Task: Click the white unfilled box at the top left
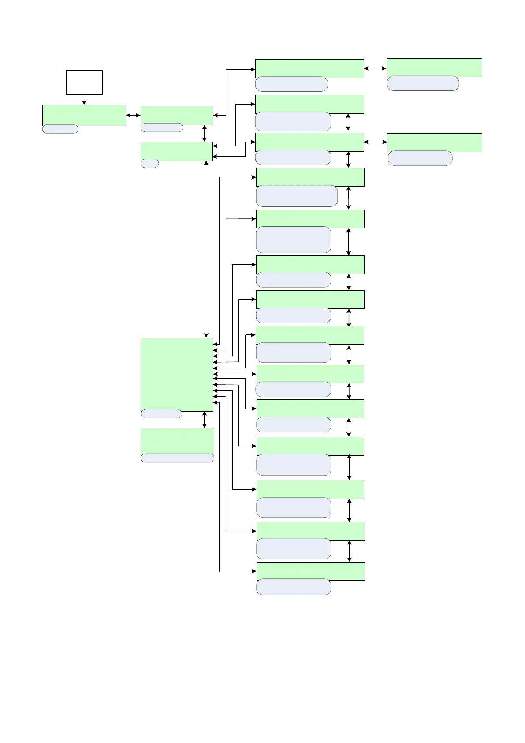pyautogui.click(x=84, y=82)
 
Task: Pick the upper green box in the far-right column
pyautogui.click(x=434, y=68)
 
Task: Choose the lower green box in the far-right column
pyautogui.click(x=434, y=143)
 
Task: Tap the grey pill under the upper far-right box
pyautogui.click(x=423, y=83)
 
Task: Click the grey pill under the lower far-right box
pyautogui.click(x=420, y=158)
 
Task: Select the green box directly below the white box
pyautogui.click(x=84, y=115)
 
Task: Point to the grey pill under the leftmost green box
pyautogui.click(x=60, y=129)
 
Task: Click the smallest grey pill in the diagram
pyautogui.click(x=149, y=163)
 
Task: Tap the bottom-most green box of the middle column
pyautogui.click(x=310, y=571)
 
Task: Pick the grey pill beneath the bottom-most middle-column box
pyautogui.click(x=294, y=587)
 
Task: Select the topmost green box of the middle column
pyautogui.click(x=309, y=68)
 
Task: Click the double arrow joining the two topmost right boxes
pyautogui.click(x=375, y=68)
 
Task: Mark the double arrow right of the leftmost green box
pyautogui.click(x=133, y=116)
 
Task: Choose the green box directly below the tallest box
pyautogui.click(x=177, y=441)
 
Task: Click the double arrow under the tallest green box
pyautogui.click(x=204, y=420)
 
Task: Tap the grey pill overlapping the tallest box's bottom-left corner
pyautogui.click(x=161, y=413)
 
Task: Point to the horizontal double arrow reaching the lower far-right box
pyautogui.click(x=375, y=142)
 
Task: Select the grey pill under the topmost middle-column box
pyautogui.click(x=291, y=84)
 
